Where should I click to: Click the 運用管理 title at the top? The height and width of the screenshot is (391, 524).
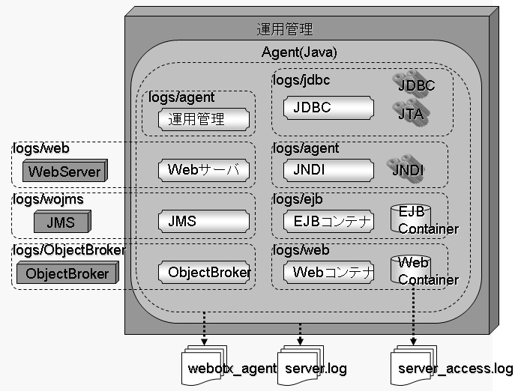click(x=284, y=30)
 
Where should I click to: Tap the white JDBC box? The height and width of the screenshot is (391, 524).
click(x=328, y=108)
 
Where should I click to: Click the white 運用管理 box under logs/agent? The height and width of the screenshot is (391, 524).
click(x=202, y=118)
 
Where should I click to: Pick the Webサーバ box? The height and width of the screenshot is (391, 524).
click(x=202, y=169)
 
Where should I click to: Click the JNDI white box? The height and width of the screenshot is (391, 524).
click(x=328, y=169)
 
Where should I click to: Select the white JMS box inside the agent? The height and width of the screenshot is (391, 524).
click(x=202, y=221)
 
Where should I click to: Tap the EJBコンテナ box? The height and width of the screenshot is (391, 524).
click(x=328, y=221)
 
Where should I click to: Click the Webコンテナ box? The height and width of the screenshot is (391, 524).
click(x=328, y=273)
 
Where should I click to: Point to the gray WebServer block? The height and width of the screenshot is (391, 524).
click(x=64, y=172)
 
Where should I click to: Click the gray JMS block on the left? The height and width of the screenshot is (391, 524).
click(x=61, y=222)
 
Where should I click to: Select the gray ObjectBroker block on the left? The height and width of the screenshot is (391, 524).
click(x=67, y=273)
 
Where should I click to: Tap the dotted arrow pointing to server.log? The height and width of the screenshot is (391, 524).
click(x=300, y=330)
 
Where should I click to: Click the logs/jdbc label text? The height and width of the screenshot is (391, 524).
click(x=301, y=79)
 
